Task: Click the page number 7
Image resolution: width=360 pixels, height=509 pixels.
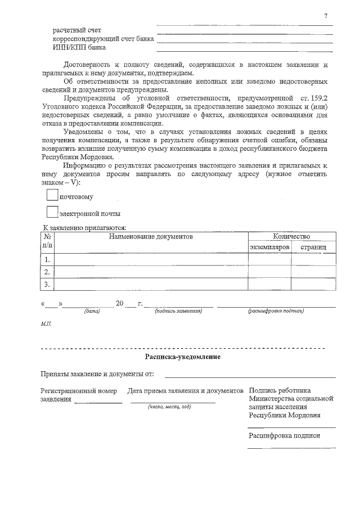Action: (326, 15)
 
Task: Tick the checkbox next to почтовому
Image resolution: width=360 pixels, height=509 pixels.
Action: (52, 195)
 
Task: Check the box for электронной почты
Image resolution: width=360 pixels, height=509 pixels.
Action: (52, 212)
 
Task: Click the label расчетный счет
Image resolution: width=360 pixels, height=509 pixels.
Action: (77, 29)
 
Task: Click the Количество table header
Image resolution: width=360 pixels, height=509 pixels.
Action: (291, 237)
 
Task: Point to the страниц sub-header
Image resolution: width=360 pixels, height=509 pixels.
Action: (313, 247)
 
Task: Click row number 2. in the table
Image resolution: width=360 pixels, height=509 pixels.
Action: (47, 272)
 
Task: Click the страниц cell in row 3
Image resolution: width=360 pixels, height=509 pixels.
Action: (313, 284)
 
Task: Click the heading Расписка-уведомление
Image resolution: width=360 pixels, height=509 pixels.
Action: (183, 357)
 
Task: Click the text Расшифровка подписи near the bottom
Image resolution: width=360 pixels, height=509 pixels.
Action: (284, 435)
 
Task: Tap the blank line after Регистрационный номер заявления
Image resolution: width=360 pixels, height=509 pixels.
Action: (98, 401)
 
